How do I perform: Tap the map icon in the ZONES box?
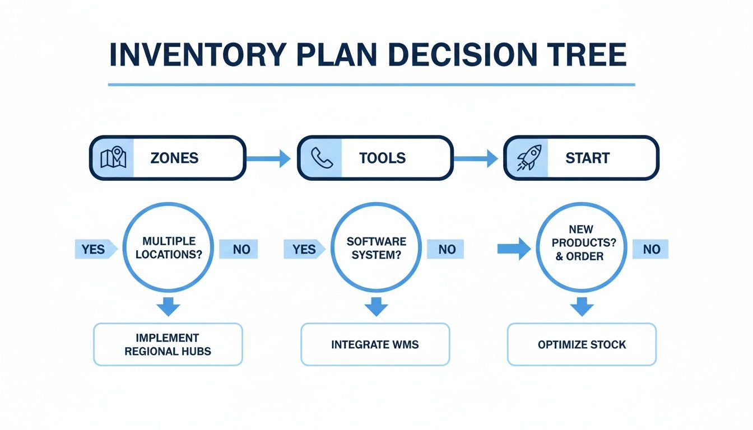tap(113, 158)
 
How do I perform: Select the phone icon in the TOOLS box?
tap(321, 158)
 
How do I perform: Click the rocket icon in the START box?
tap(529, 158)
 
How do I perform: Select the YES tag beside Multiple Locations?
tap(95, 249)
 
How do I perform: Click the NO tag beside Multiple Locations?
tap(239, 249)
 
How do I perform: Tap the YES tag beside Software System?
tap(303, 249)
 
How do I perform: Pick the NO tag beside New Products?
tap(650, 249)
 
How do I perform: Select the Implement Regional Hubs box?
tap(168, 344)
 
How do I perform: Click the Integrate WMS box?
tap(375, 344)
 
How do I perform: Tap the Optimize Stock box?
tap(582, 344)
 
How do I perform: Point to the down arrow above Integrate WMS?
tap(376, 307)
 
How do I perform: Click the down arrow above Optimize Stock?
tap(582, 307)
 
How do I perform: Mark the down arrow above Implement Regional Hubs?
tap(169, 307)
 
